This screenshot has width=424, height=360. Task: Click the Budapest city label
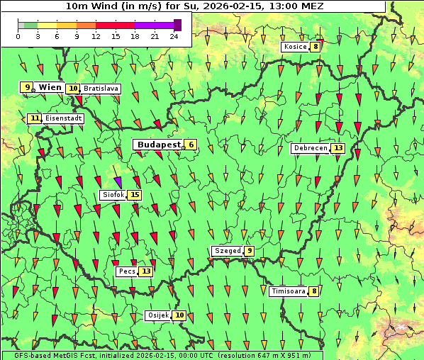[159, 145]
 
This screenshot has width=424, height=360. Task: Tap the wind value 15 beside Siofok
[135, 195]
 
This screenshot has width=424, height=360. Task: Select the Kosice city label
[294, 47]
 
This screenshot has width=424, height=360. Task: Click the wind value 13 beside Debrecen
[337, 149]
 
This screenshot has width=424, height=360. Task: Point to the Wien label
[50, 87]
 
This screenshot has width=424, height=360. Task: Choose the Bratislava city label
[100, 89]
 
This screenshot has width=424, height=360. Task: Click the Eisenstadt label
[63, 118]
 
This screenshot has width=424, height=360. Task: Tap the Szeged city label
[227, 251]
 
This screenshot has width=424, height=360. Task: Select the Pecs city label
[127, 271]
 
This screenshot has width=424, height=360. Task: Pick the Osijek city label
[158, 315]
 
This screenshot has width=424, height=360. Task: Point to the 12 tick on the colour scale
[96, 36]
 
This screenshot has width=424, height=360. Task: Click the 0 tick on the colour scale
[18, 36]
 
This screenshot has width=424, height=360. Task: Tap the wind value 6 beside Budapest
[190, 145]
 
